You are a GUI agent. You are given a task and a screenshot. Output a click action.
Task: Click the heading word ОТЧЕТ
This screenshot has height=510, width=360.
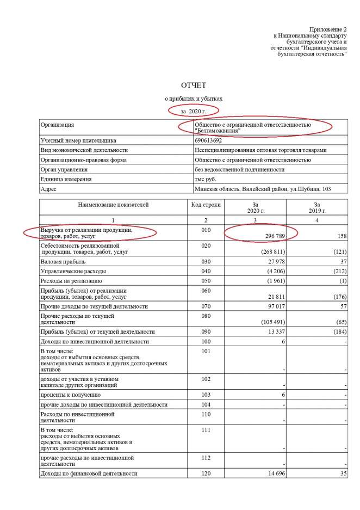click(194, 85)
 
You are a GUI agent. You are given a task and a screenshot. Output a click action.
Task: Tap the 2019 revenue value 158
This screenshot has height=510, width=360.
click(342, 237)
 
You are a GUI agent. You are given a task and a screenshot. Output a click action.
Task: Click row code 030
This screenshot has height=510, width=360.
click(205, 261)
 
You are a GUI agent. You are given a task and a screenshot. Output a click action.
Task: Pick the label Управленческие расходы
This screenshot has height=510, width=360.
click(73, 271)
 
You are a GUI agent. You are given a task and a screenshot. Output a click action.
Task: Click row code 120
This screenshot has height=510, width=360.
click(205, 474)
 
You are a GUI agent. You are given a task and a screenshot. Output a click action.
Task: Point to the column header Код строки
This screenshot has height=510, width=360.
click(205, 205)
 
